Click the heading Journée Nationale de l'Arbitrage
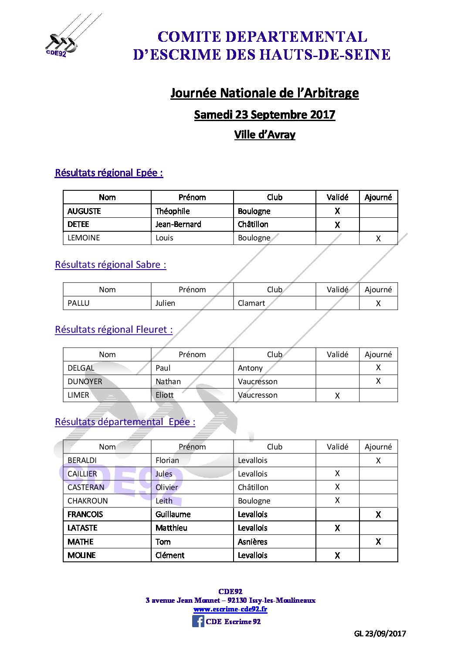(264, 93)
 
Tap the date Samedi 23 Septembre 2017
(264, 115)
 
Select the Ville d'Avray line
(264, 135)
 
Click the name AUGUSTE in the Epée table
(84, 211)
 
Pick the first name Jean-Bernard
(178, 224)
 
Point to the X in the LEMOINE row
(378, 238)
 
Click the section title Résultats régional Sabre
(111, 265)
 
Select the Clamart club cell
(251, 303)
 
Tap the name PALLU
(78, 303)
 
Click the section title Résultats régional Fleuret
(114, 330)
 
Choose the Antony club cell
(250, 368)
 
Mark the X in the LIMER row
(337, 395)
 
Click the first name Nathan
(168, 382)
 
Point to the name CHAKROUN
(88, 501)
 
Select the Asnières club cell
(253, 542)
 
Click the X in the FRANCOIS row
(378, 514)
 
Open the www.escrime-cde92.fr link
(230, 609)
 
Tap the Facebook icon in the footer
(198, 621)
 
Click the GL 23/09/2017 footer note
(380, 634)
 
